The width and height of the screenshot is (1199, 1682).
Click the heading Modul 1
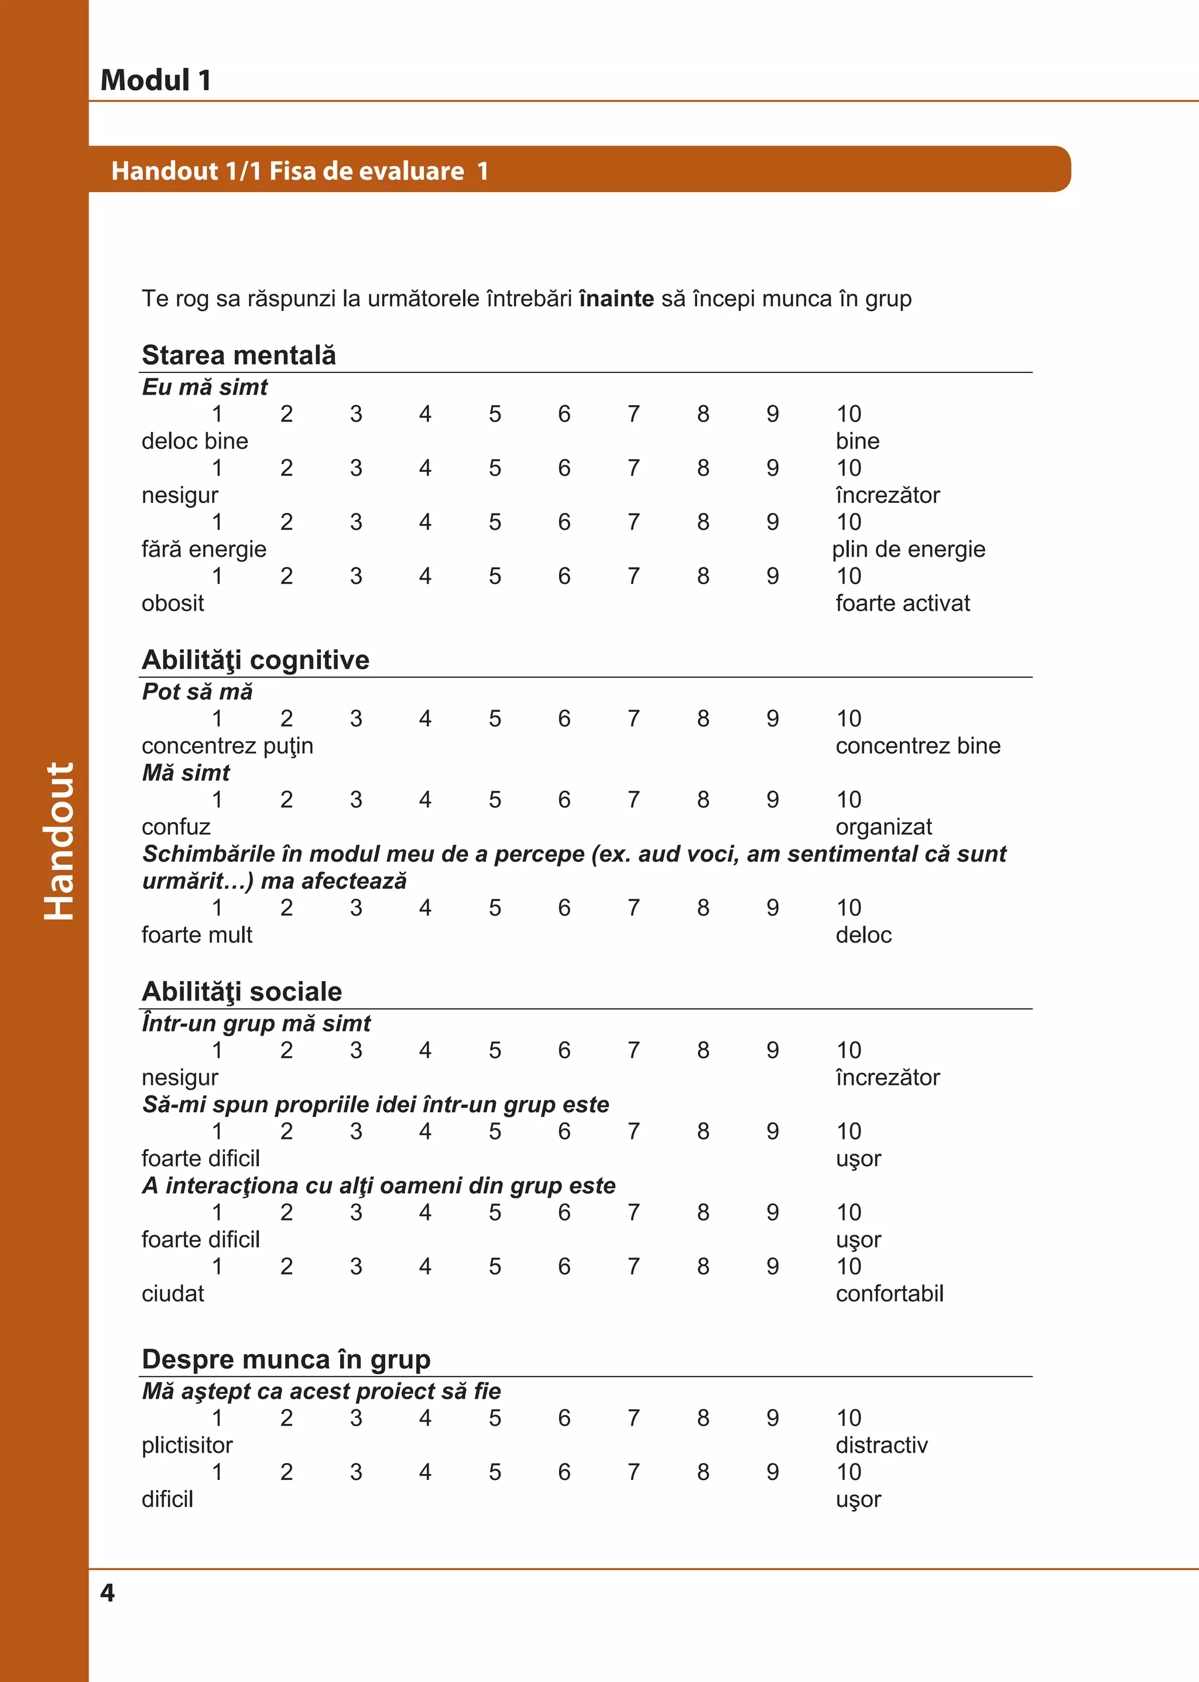coord(156,80)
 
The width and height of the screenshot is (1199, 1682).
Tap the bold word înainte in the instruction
coord(616,299)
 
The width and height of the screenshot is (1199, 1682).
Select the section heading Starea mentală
coord(238,355)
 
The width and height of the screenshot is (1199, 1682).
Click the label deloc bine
coord(195,441)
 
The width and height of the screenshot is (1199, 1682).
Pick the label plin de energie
coord(908,549)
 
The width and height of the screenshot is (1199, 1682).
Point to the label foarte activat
coord(902,602)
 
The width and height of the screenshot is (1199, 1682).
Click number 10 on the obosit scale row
coord(848,576)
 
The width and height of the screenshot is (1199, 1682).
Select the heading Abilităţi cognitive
coord(255,659)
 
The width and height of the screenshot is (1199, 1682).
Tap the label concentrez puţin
coord(227,746)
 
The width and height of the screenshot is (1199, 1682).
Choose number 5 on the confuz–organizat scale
coord(495,800)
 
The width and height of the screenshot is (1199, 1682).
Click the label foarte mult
coord(197,935)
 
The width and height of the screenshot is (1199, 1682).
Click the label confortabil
coord(890,1294)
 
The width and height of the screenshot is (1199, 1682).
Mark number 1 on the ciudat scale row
coord(217,1266)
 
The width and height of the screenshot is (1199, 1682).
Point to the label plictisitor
coord(187,1445)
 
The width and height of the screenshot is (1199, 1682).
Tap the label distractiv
coord(882,1445)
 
